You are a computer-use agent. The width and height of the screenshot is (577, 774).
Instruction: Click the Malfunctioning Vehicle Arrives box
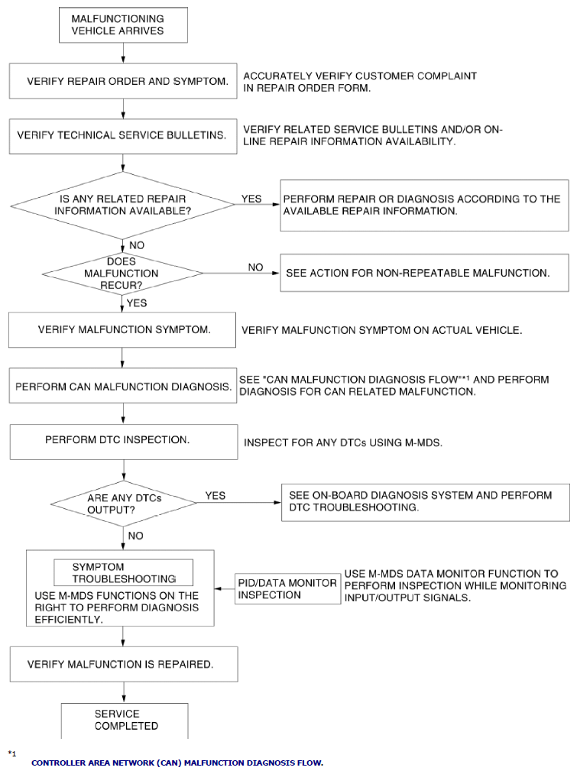coord(123,24)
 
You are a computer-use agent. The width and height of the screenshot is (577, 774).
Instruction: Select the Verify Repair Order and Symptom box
coord(123,81)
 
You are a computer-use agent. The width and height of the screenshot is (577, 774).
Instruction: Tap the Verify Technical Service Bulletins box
coord(123,136)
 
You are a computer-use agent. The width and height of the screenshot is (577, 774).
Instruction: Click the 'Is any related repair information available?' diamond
coord(123,205)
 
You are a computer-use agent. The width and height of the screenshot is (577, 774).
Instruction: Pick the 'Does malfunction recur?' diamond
coord(122,273)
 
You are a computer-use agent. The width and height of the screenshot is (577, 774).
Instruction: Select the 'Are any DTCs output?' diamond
coord(124,504)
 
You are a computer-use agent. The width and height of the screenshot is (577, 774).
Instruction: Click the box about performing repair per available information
coord(424,206)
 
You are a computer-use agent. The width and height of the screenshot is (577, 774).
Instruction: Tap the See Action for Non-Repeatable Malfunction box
coord(424,273)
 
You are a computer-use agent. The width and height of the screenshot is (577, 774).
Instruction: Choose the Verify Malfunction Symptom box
coord(122,330)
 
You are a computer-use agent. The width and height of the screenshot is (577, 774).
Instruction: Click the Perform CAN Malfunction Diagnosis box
coord(123,386)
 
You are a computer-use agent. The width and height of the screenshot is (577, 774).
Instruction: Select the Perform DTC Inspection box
coord(124,442)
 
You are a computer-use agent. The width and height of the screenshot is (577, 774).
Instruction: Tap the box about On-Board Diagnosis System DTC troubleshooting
coord(426,503)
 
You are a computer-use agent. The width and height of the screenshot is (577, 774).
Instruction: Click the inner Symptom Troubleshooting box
coord(123,572)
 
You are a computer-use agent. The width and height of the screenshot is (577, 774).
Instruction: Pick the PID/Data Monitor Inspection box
coord(288,589)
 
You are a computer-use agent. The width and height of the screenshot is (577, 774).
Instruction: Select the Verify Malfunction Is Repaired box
coord(124,665)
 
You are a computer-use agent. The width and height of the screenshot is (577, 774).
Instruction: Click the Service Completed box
coord(125,721)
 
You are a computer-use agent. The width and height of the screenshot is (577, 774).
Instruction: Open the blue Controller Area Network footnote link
coord(177,763)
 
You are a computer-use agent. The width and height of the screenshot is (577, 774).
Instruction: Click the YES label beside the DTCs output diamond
coord(216,496)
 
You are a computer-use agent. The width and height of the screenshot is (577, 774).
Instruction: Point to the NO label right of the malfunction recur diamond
coord(255,267)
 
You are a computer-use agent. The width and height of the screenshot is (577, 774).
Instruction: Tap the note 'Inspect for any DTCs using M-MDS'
coord(343,443)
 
